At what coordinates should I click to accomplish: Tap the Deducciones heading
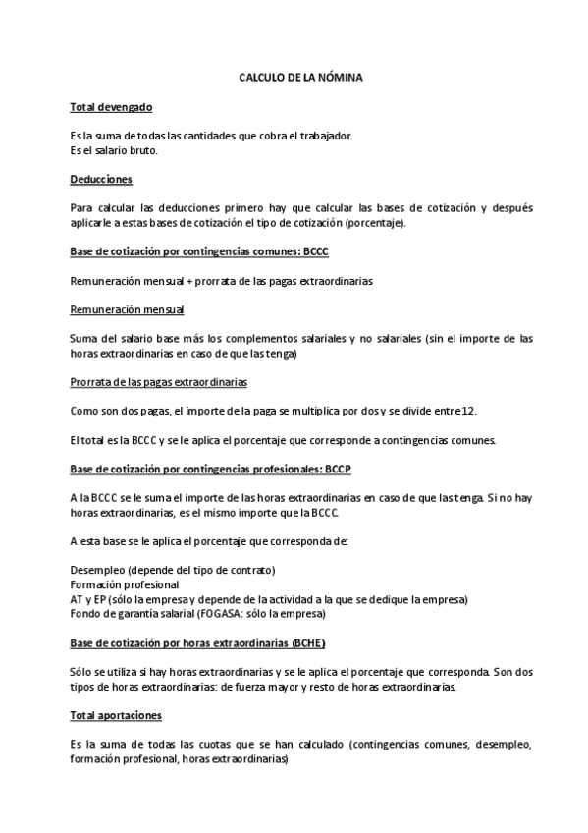click(x=101, y=179)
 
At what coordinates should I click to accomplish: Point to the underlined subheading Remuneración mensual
click(x=127, y=310)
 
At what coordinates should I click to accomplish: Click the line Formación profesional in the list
click(x=124, y=584)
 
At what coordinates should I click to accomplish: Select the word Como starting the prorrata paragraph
click(x=85, y=411)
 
